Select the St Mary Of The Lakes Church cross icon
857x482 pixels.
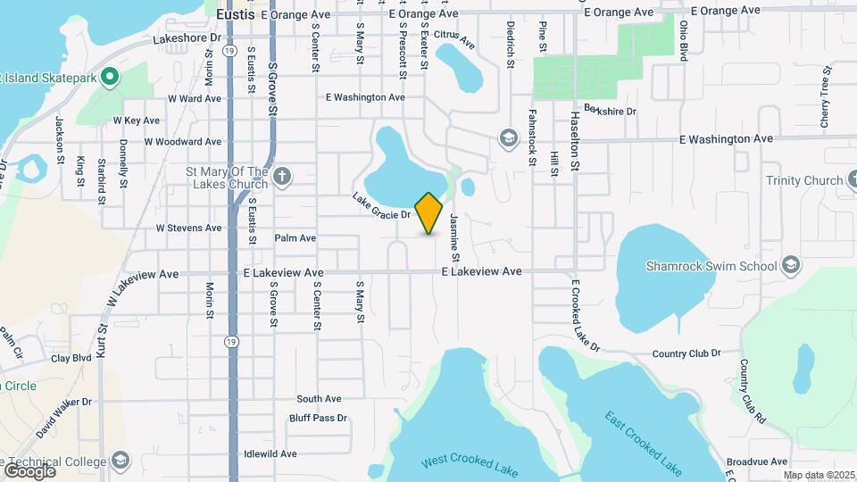click(283, 176)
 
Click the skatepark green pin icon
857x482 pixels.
click(110, 77)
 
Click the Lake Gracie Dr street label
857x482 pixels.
click(381, 208)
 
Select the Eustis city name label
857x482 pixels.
click(236, 14)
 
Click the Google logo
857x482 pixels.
click(29, 470)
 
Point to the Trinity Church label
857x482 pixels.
click(803, 180)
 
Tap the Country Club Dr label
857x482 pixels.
click(686, 353)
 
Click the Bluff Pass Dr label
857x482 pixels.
click(318, 418)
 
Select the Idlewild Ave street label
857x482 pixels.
click(270, 454)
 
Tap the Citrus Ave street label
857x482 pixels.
click(453, 38)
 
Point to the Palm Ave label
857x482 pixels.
click(295, 238)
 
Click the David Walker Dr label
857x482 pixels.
click(64, 416)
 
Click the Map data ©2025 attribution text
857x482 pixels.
click(819, 475)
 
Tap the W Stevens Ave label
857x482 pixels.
click(188, 228)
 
